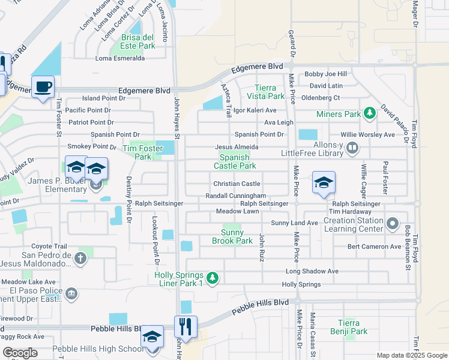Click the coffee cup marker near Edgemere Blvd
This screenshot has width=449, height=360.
point(43,87)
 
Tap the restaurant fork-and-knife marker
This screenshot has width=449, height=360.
point(186,327)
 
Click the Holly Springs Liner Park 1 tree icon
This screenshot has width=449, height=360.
point(212,278)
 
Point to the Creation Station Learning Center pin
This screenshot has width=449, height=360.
point(393,224)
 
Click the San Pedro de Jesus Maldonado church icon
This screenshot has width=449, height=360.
point(80,258)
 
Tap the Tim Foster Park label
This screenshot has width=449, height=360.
point(137,152)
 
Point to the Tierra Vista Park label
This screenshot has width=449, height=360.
point(265,92)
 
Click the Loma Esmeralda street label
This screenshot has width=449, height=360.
point(120,58)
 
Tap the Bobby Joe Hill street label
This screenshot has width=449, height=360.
point(325,74)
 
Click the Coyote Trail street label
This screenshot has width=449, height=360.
point(50,246)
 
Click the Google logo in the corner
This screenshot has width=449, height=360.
point(20,353)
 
